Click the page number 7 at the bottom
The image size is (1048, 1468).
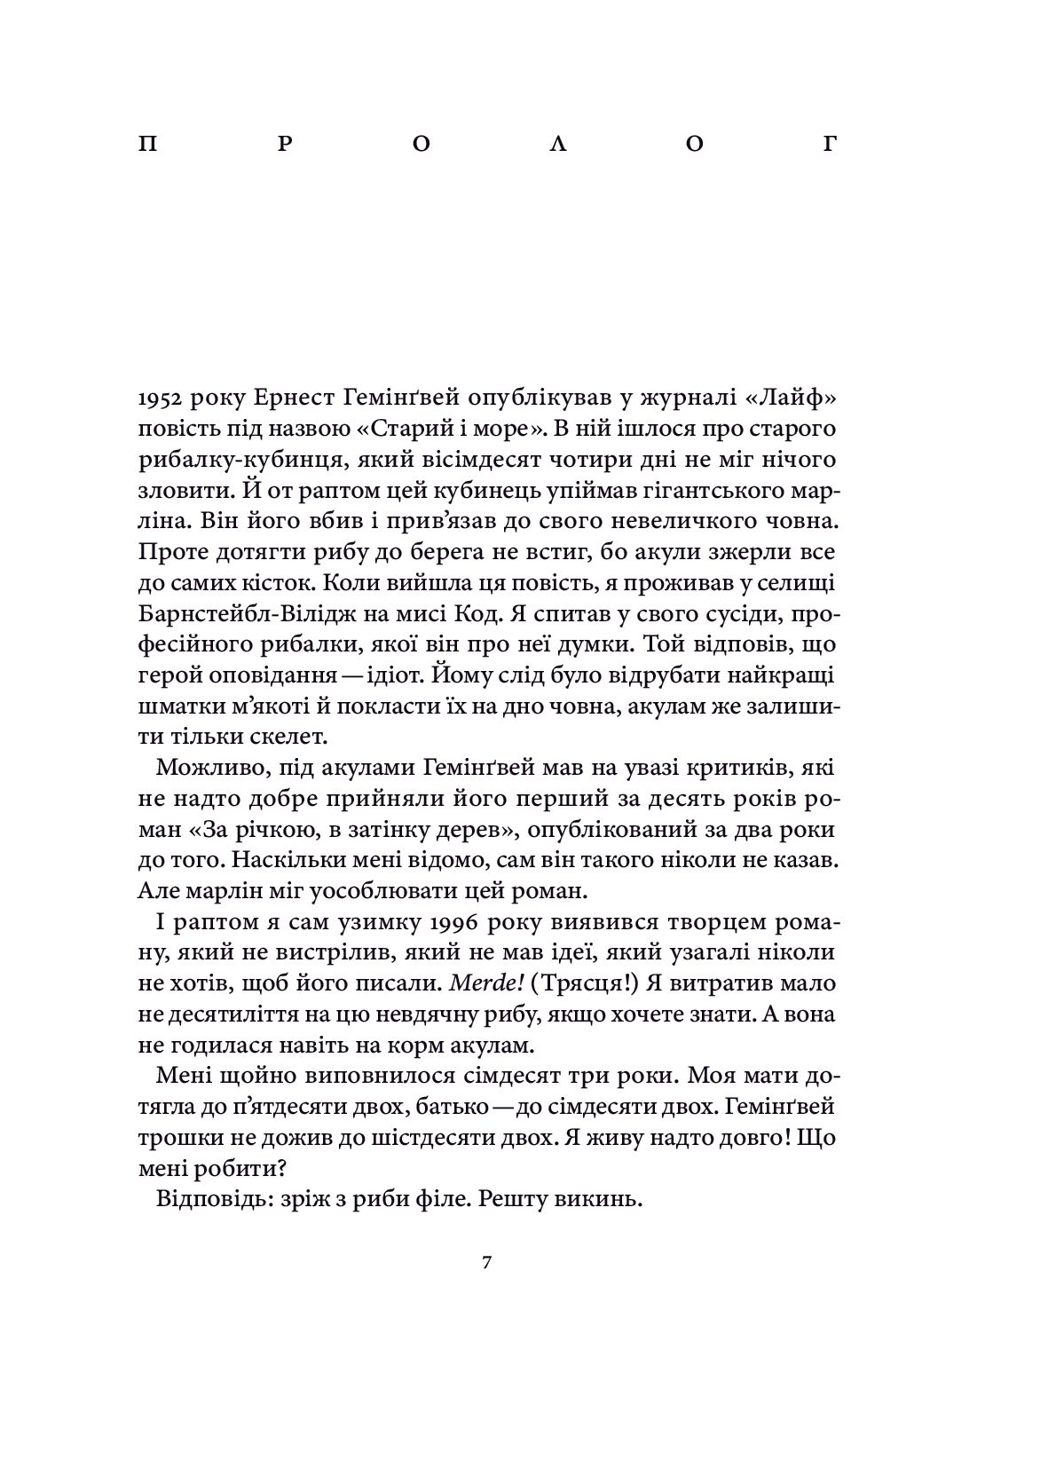click(x=486, y=1264)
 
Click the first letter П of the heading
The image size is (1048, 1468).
click(x=147, y=145)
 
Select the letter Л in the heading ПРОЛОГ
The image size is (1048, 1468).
click(x=558, y=145)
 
